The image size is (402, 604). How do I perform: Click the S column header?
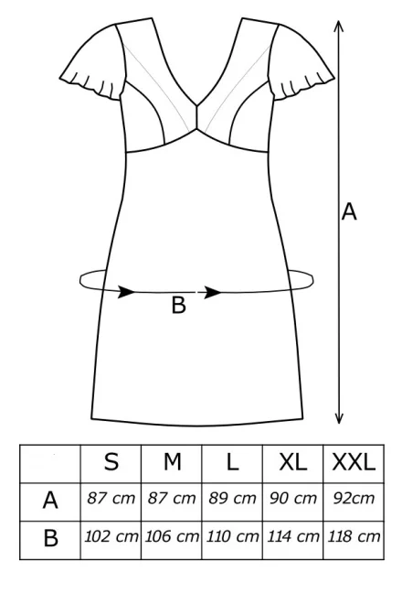tap(111, 461)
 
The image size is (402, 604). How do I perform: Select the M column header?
tap(172, 461)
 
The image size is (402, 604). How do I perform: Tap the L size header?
tap(232, 461)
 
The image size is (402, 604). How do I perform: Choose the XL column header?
tap(293, 461)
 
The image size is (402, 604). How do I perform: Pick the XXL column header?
tap(354, 461)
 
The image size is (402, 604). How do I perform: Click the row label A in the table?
tap(50, 501)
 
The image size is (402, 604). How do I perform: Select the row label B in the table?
tap(51, 538)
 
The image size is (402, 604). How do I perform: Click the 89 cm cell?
tap(232, 499)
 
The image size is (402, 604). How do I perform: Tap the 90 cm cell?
tap(293, 499)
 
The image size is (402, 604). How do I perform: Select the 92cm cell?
tap(354, 499)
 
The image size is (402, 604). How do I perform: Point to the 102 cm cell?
tap(111, 536)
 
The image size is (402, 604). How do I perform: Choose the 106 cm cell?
tap(172, 536)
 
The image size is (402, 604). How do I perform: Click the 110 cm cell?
tap(232, 536)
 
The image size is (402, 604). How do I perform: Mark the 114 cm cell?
tap(293, 536)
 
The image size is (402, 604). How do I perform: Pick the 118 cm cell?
tap(354, 536)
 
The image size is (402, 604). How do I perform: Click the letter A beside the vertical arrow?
tap(349, 211)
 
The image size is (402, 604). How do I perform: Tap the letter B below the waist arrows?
tap(178, 305)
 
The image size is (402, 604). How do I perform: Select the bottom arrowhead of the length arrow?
tap(339, 418)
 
